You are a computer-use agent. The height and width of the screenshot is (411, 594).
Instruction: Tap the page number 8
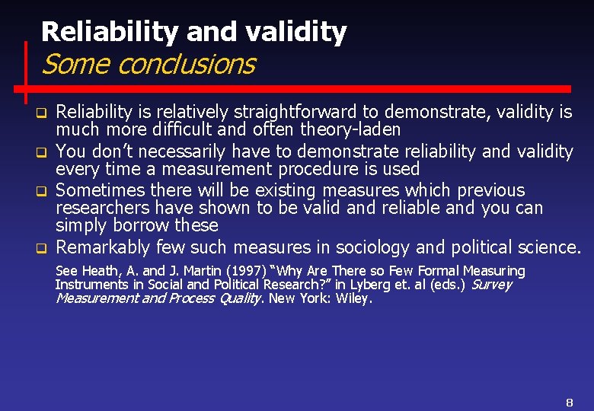pos(569,401)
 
